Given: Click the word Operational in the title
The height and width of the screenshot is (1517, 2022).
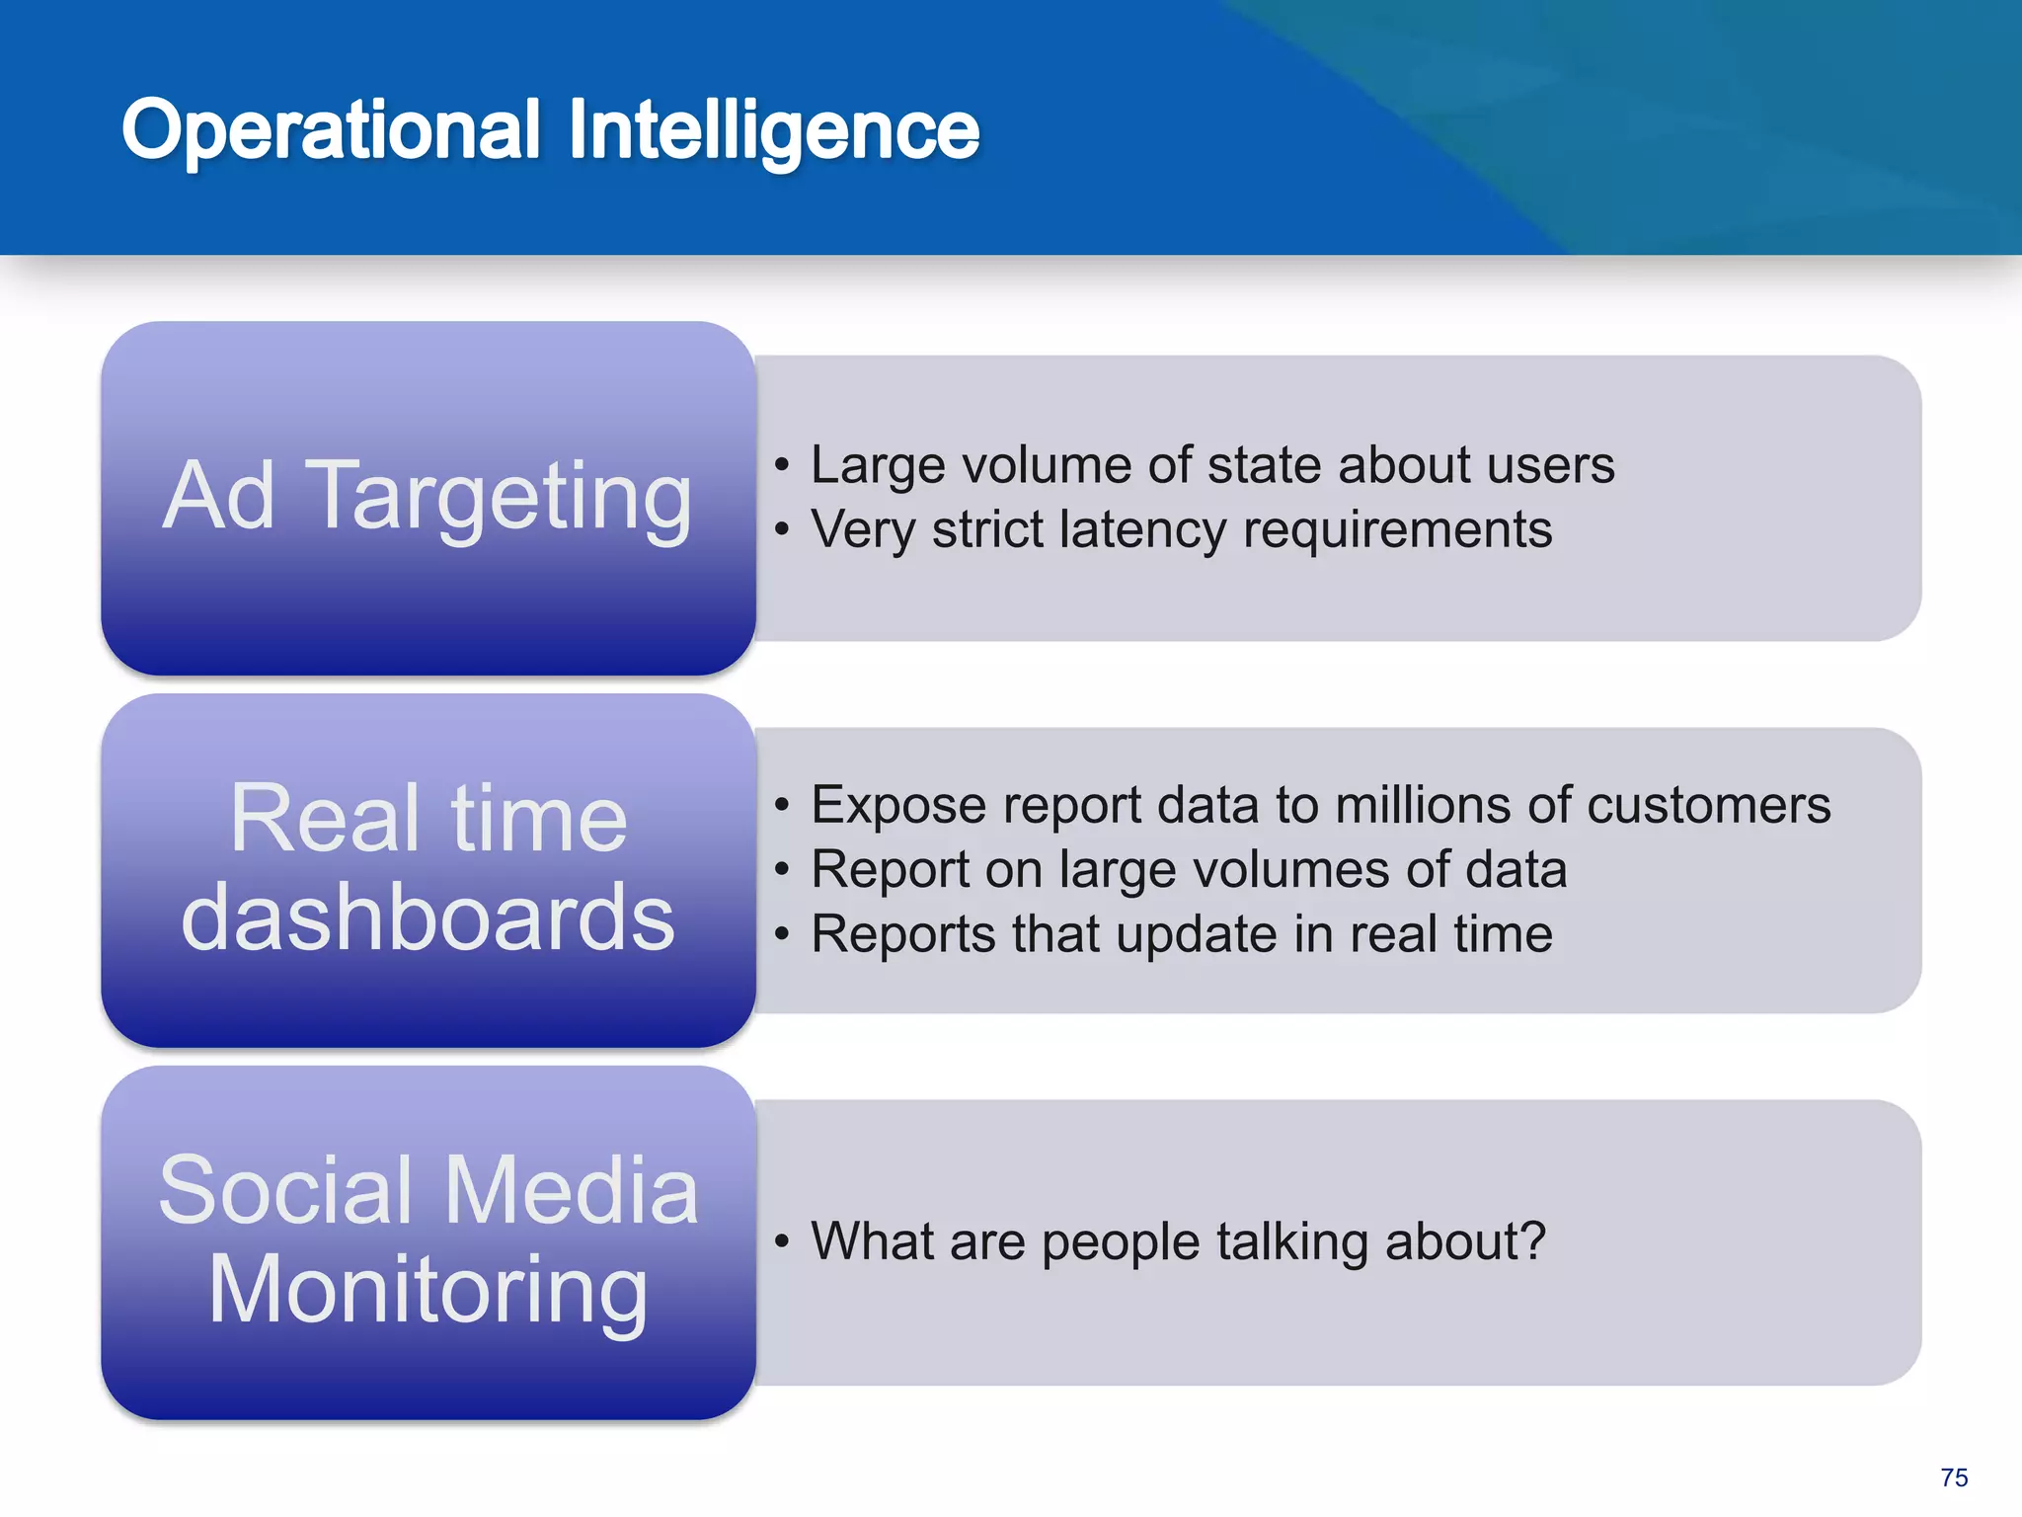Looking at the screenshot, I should coord(332,130).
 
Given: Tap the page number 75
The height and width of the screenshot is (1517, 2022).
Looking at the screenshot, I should coord(1954,1477).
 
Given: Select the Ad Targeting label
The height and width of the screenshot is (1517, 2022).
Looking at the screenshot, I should coord(428,496).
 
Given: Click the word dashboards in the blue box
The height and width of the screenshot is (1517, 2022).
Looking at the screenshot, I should coord(428,918).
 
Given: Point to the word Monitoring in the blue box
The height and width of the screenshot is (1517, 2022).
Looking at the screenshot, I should coord(428,1290).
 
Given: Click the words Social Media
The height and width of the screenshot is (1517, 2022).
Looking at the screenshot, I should coord(428,1190).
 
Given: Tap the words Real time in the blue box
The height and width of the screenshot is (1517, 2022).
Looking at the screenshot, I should coord(428,818).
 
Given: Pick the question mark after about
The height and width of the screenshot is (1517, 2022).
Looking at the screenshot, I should coord(1532,1240).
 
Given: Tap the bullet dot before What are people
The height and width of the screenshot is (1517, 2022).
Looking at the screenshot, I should coord(782,1242).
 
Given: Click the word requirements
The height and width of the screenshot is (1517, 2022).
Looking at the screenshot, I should coord(1397,530).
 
